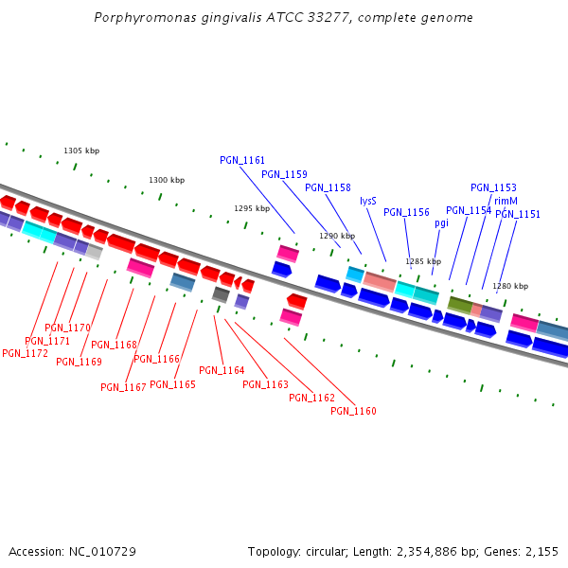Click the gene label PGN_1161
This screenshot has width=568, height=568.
(242, 161)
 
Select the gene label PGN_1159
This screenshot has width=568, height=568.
(284, 174)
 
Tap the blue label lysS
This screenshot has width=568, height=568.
(368, 201)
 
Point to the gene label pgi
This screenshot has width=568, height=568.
(442, 223)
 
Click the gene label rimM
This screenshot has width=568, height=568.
(506, 201)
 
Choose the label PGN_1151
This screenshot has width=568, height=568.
(518, 214)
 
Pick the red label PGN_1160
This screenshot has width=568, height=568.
(354, 411)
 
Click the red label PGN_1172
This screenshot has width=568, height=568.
(26, 353)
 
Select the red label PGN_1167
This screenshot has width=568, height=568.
(123, 387)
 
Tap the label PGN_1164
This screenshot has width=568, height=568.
(222, 370)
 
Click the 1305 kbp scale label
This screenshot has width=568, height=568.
(81, 151)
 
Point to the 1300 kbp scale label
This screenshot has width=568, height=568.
(167, 180)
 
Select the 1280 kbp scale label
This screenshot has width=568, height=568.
(510, 286)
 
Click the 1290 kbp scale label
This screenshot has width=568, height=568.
(337, 236)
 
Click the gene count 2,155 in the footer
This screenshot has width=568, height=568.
(541, 551)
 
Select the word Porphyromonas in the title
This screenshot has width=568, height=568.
(141, 18)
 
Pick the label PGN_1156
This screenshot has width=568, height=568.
(406, 213)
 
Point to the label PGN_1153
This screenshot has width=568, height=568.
(493, 188)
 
